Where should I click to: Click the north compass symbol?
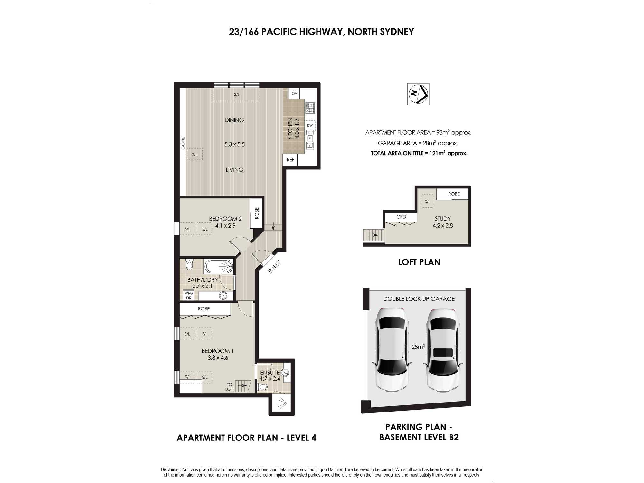418,94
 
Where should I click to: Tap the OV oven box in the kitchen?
294,93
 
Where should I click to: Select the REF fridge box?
290,160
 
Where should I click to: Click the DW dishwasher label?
310,126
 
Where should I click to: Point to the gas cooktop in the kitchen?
310,108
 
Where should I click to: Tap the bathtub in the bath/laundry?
219,267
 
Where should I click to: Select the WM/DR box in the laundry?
189,296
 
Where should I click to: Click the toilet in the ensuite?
263,386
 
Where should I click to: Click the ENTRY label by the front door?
274,267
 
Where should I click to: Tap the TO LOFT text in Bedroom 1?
230,387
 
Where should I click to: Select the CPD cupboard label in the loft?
401,217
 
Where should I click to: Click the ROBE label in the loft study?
454,194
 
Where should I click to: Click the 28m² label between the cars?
418,347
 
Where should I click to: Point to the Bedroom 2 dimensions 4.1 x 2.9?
225,226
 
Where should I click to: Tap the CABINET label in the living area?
183,143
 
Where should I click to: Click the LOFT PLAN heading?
419,262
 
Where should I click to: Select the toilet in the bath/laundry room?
189,264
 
